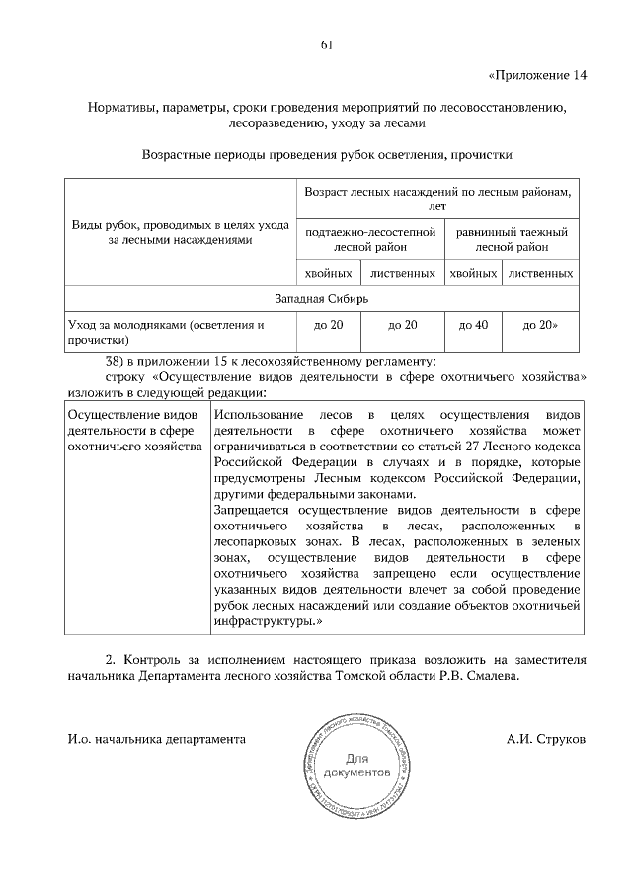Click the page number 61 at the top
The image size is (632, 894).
(x=326, y=42)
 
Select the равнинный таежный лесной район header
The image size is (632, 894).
(x=512, y=239)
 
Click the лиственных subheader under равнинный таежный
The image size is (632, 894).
(x=539, y=272)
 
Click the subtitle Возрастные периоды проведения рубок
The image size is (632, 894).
(x=327, y=155)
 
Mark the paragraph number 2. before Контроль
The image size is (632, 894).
(x=111, y=660)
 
